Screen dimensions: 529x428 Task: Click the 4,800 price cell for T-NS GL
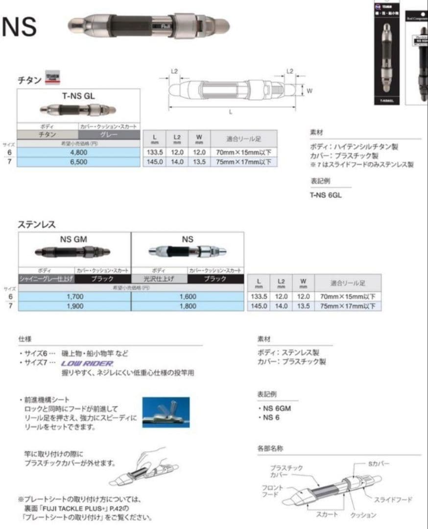click(x=78, y=152)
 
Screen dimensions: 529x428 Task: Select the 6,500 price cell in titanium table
click(x=78, y=162)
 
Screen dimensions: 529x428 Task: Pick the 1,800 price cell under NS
click(x=188, y=306)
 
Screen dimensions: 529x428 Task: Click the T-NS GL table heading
click(x=78, y=96)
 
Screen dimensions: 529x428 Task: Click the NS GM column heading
click(x=74, y=240)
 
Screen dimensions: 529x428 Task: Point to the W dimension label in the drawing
click(x=309, y=91)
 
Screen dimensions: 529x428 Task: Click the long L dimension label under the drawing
click(x=231, y=112)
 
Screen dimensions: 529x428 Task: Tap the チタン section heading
click(x=29, y=80)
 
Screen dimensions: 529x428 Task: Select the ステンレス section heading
click(x=37, y=225)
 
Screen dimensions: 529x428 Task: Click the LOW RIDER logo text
click(x=87, y=363)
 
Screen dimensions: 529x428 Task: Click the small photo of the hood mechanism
click(x=166, y=412)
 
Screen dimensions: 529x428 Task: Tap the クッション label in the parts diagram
click(x=363, y=515)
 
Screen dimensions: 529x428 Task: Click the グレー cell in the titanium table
click(x=109, y=134)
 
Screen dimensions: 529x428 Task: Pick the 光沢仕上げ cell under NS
click(x=160, y=279)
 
